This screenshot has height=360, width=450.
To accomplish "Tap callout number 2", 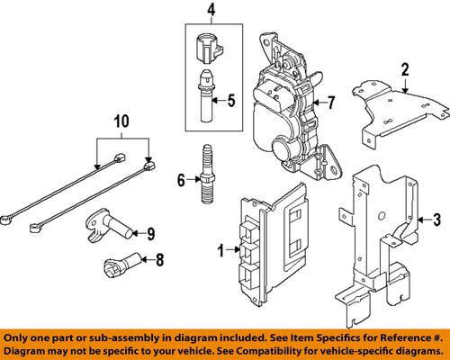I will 404,69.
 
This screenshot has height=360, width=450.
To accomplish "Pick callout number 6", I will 180,180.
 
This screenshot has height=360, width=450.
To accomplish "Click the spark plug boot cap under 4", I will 204,46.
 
